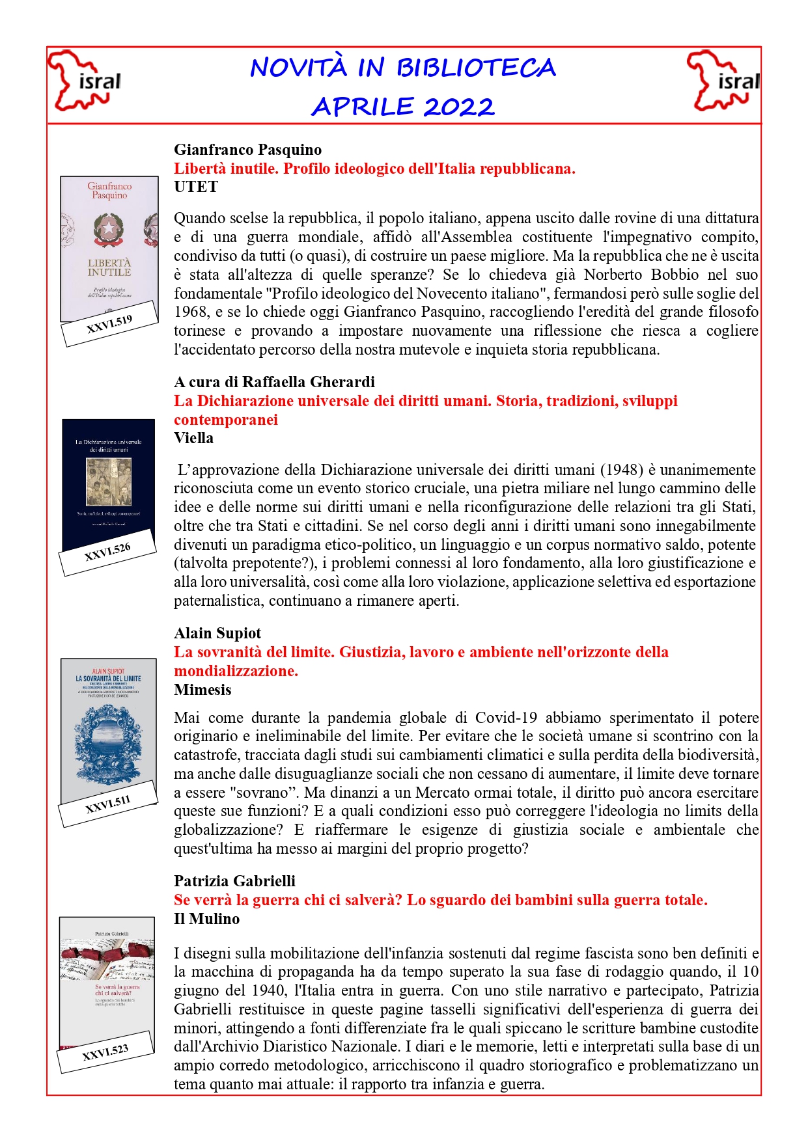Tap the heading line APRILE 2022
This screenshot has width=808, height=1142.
[x=403, y=107]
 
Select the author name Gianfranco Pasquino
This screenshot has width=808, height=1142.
[x=247, y=150]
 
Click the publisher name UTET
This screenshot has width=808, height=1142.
[x=195, y=187]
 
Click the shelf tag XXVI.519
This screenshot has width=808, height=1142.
[x=109, y=323]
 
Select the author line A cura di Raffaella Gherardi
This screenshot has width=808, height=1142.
[x=274, y=382]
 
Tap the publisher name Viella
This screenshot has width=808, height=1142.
[x=193, y=438]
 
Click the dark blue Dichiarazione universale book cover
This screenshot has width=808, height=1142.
[x=108, y=482]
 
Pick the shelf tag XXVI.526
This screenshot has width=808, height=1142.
[x=107, y=552]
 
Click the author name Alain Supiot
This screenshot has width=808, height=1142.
[x=217, y=633]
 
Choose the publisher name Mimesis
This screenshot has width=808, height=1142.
[x=202, y=690]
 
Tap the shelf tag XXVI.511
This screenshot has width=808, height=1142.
[x=108, y=804]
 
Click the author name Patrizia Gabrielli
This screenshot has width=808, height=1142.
[x=234, y=881]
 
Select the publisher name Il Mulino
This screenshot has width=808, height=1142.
[x=206, y=919]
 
